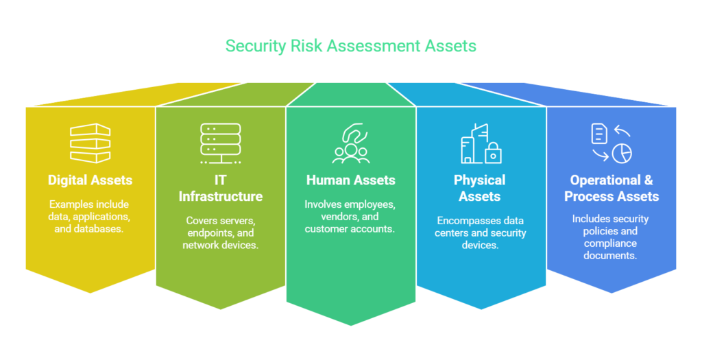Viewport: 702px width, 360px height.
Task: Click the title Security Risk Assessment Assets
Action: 350,46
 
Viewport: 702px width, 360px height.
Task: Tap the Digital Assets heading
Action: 90,180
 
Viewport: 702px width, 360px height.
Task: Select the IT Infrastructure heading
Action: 220,188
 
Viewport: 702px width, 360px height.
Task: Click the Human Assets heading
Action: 350,180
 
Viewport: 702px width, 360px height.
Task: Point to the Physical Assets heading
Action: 479,188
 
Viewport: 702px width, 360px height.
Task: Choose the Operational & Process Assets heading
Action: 611,188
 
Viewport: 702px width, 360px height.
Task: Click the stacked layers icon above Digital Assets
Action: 90,143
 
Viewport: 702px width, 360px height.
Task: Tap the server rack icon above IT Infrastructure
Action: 220,143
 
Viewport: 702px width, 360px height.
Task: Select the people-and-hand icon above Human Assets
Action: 351,143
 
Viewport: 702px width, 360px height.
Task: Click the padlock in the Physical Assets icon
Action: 493,153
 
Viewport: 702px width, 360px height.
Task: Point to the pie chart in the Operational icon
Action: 622,154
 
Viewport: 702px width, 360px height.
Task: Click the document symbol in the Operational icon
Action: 599,134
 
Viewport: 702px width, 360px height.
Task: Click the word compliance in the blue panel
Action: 610,243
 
